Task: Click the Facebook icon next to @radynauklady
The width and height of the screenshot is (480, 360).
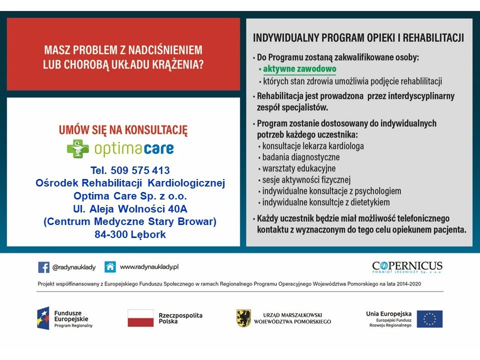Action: (43, 267)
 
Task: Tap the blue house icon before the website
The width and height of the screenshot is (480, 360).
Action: (110, 267)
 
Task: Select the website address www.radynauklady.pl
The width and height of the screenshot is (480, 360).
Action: (149, 267)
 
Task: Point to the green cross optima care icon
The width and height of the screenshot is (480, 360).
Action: (77, 148)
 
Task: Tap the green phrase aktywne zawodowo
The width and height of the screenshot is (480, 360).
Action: (299, 69)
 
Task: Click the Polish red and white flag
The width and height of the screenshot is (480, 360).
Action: (140, 318)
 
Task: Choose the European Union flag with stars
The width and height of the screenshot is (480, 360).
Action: (429, 318)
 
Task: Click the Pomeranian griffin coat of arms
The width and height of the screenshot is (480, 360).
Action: (243, 318)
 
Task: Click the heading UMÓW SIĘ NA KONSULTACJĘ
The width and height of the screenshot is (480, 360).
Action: (123, 130)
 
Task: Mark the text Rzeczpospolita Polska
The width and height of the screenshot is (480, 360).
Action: (180, 318)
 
